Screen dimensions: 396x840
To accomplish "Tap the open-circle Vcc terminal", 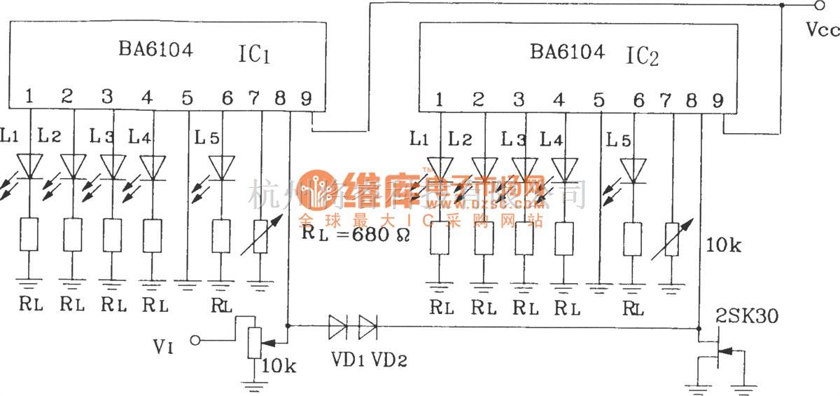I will tap(818, 6).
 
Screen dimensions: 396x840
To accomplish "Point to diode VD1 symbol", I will tap(337, 325).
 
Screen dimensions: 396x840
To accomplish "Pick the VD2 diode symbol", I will tap(367, 325).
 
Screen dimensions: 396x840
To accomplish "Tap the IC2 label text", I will tap(643, 56).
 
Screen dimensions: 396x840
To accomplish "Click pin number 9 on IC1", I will tap(306, 98).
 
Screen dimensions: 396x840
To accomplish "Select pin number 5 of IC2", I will tap(598, 101).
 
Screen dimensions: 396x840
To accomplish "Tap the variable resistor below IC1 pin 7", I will tap(260, 235).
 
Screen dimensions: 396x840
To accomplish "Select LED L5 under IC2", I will tap(633, 170).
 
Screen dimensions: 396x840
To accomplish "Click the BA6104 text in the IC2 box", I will tap(567, 52).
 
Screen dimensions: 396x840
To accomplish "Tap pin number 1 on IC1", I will tap(29, 97).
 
